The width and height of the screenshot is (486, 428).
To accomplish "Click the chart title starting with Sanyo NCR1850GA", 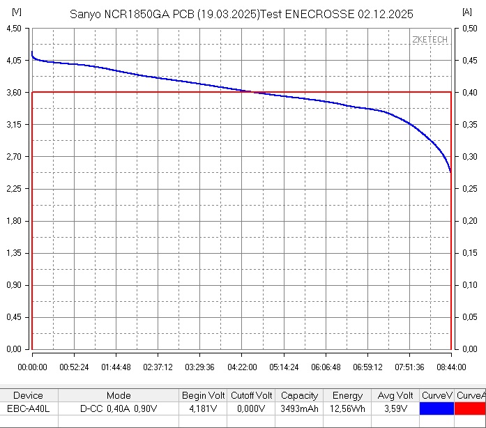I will (242, 14).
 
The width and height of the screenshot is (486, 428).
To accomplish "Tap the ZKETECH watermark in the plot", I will (430, 40).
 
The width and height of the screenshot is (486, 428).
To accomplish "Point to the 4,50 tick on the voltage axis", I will (14, 29).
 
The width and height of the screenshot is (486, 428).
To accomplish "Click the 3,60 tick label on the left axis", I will (14, 93).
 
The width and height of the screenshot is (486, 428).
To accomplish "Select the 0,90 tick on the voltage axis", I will (14, 285).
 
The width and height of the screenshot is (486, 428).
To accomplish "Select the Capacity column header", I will (299, 395).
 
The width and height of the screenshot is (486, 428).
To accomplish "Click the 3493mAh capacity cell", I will (299, 408).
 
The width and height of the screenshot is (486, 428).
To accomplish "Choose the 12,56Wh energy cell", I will (347, 408).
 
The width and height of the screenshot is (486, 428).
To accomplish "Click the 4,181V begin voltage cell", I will (202, 408).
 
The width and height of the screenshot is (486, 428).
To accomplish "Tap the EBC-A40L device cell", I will (29, 408).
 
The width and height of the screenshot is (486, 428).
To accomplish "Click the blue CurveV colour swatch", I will (436, 408).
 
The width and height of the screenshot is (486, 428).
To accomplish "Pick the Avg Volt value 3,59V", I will (395, 408).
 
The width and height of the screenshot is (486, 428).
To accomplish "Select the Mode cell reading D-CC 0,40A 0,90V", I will (118, 408).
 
